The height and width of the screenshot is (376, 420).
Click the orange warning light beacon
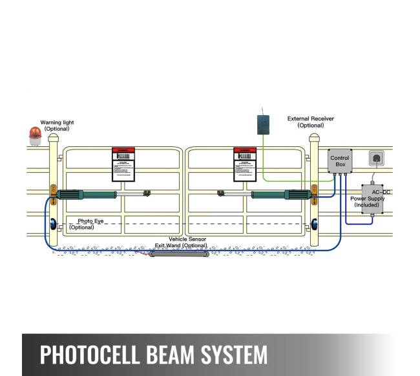35,135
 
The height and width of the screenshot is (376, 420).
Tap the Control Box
340,162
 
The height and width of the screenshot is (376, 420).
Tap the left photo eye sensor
53,225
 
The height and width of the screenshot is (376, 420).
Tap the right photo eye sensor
314,225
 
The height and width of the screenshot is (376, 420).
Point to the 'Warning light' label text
57,122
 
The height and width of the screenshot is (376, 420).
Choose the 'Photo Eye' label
90,221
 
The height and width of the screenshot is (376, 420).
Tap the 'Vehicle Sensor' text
187,239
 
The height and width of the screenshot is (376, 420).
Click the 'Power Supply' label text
367,199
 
